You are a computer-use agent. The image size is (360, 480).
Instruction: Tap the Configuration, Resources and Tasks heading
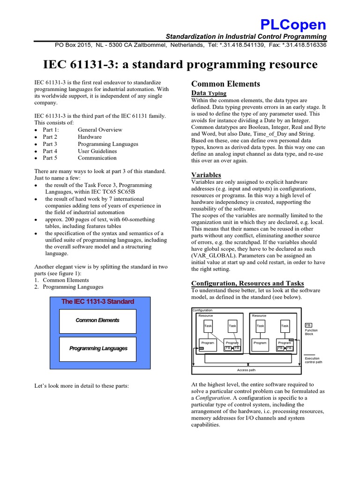247,283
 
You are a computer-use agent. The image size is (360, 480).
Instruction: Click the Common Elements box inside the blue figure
97,321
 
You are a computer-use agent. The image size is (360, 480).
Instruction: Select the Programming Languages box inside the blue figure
97,349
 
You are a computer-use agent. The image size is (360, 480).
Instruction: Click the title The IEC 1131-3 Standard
97,301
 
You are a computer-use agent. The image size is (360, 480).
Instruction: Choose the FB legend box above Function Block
308,325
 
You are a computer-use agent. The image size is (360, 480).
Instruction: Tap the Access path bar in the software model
247,370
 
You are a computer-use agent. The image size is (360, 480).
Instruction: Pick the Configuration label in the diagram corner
202,310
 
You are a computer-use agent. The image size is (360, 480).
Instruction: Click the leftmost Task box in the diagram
208,326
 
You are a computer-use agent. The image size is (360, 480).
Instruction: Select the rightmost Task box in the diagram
285,326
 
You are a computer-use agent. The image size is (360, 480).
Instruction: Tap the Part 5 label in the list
50,158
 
